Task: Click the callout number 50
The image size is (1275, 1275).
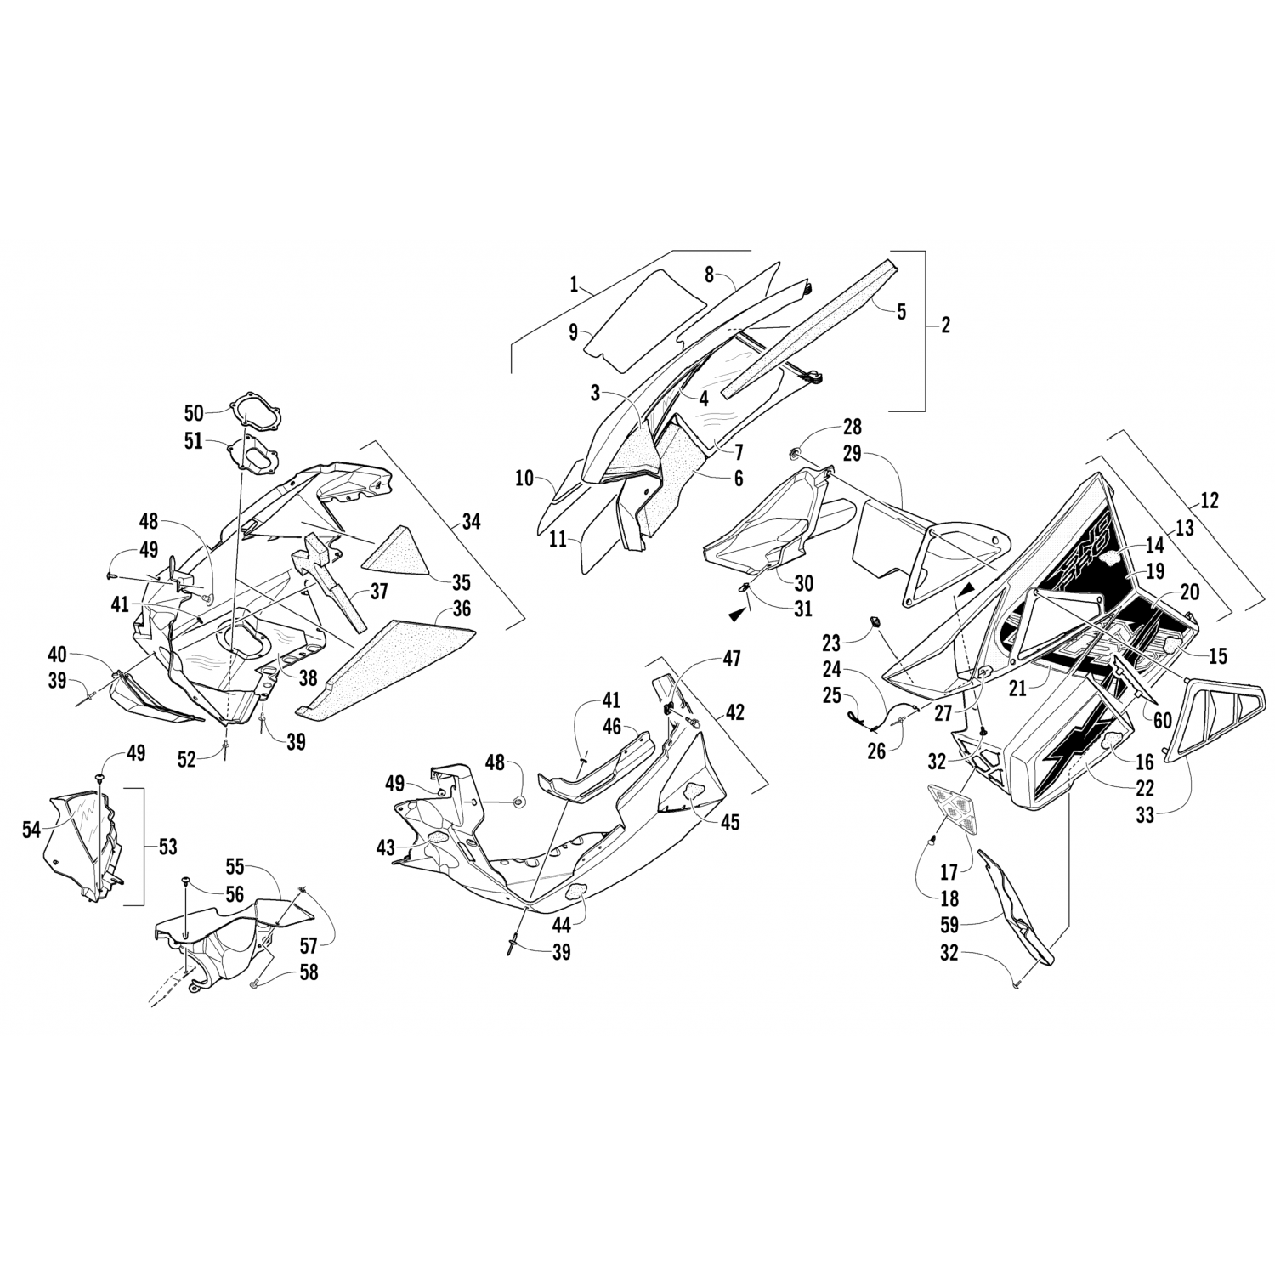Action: pos(194,413)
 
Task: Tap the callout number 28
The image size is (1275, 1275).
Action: pos(852,426)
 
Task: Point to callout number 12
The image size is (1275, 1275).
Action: pos(1208,501)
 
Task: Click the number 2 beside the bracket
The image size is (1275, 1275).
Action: pos(946,324)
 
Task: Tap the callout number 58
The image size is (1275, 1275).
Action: pos(307,972)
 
